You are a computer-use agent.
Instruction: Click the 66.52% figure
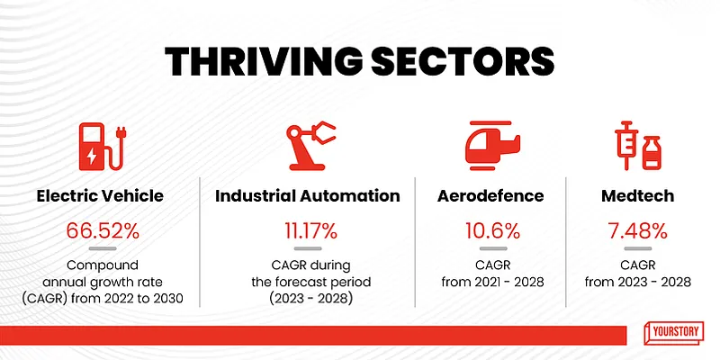coord(103,229)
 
